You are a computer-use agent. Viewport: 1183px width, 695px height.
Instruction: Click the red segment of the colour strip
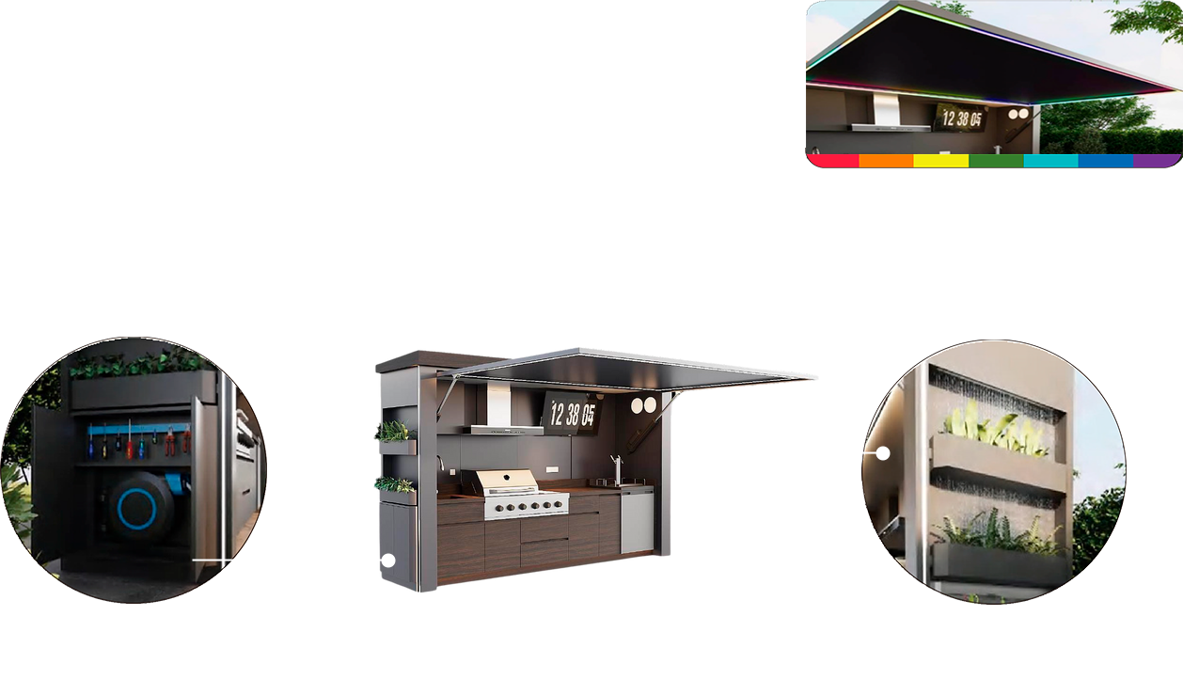pyautogui.click(x=833, y=161)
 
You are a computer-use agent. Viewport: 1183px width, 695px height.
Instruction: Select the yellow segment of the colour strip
pyautogui.click(x=941, y=161)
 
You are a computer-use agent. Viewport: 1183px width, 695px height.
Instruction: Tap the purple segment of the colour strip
pyautogui.click(x=1157, y=161)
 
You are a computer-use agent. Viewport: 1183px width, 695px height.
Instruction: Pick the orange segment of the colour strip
pyautogui.click(x=887, y=161)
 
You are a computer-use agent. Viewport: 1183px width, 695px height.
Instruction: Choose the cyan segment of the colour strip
pyautogui.click(x=1051, y=161)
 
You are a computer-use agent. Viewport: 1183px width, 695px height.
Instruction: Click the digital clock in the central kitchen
pyautogui.click(x=573, y=414)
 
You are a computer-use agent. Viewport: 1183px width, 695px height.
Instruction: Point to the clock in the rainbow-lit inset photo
pyautogui.click(x=961, y=118)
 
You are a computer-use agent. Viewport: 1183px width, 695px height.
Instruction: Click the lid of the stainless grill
pyautogui.click(x=507, y=481)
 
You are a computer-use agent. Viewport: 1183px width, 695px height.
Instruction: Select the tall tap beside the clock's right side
pyautogui.click(x=617, y=470)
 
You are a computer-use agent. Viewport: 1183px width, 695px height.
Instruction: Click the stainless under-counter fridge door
pyautogui.click(x=638, y=521)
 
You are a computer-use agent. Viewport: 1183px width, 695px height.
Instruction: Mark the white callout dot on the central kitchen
pyautogui.click(x=388, y=561)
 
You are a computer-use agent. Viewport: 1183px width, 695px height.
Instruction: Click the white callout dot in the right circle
pyautogui.click(x=882, y=453)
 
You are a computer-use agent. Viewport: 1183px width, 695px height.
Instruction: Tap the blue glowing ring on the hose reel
pyautogui.click(x=136, y=509)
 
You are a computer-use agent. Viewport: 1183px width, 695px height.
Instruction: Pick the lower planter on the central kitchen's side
pyautogui.click(x=397, y=490)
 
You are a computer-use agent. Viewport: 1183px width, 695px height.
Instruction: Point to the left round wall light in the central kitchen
pyautogui.click(x=638, y=405)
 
